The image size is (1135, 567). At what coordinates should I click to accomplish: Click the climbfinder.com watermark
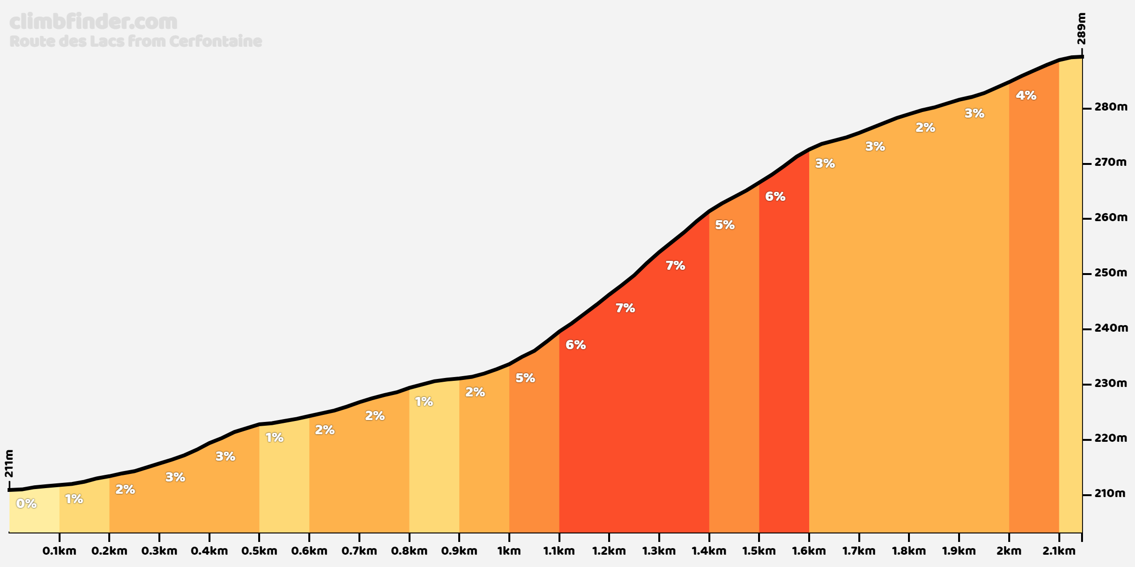click(93, 22)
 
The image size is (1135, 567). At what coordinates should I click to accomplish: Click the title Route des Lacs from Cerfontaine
click(136, 42)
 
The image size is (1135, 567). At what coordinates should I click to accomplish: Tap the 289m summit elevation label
click(1081, 29)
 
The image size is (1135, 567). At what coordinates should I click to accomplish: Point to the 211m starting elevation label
click(9, 464)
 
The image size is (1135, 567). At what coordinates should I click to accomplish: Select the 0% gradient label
click(26, 504)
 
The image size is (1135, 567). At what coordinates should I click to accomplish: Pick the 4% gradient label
click(1026, 95)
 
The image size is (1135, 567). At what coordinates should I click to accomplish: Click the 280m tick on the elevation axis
click(1110, 107)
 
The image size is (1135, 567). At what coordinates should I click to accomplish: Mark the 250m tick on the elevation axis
click(1110, 273)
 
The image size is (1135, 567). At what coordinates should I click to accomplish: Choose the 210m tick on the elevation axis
click(1109, 494)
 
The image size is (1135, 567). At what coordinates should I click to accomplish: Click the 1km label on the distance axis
click(509, 551)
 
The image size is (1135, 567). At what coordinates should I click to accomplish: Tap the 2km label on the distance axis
click(1009, 551)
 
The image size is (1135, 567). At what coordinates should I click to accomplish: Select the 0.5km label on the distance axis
click(259, 551)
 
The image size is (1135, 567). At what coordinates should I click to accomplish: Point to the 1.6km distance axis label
click(809, 551)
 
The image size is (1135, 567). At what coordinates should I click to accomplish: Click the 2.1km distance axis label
click(1059, 551)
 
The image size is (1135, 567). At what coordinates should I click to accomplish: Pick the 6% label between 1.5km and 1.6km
click(775, 197)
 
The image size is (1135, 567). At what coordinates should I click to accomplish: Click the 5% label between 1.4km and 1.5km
click(725, 225)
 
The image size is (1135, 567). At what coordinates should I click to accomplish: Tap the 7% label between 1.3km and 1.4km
click(675, 266)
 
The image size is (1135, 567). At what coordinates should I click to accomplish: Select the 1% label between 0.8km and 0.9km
click(424, 402)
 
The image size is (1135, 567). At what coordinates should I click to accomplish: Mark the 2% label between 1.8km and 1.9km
click(925, 128)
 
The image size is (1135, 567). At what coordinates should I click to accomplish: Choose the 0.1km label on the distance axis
click(59, 551)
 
